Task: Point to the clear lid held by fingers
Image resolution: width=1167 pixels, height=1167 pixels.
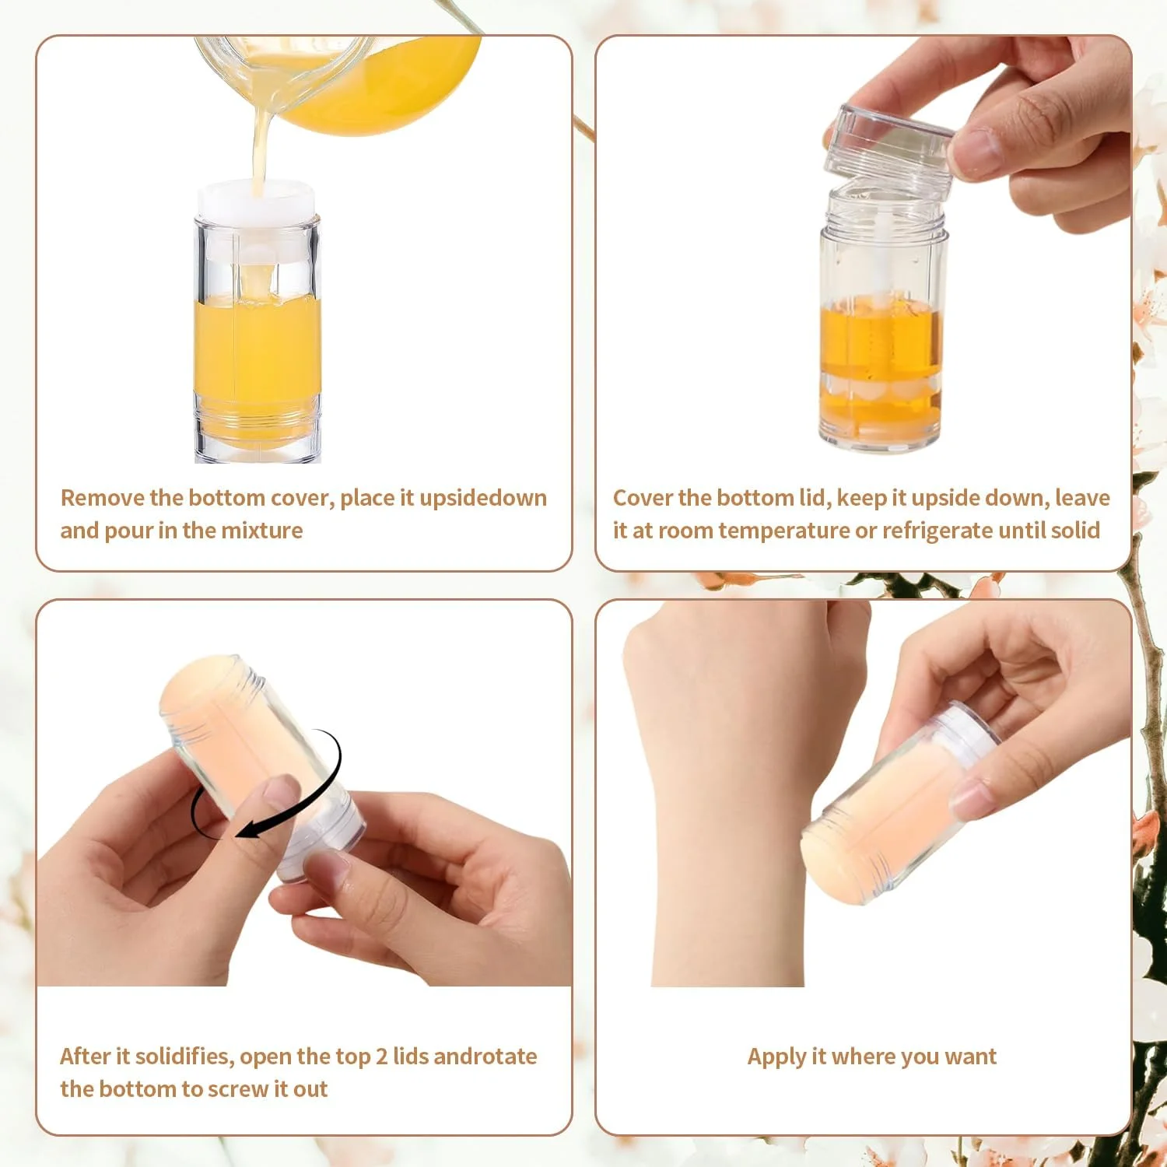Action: coord(888,149)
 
